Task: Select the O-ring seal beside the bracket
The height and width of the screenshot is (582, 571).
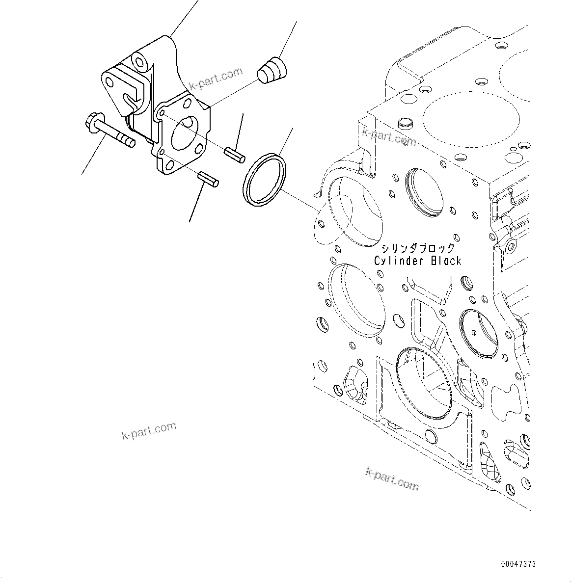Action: [264, 180]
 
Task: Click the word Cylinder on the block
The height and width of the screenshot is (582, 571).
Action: [399, 261]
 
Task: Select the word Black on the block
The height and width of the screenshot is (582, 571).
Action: [446, 261]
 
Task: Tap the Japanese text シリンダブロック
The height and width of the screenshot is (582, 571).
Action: [418, 248]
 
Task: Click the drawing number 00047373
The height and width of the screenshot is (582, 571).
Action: [518, 564]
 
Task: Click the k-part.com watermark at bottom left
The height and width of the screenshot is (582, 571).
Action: [148, 430]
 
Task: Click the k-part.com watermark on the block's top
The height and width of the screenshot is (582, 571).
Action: [389, 136]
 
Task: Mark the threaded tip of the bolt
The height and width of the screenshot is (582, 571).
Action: [129, 142]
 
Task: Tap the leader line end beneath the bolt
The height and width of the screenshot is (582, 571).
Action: [82, 174]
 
